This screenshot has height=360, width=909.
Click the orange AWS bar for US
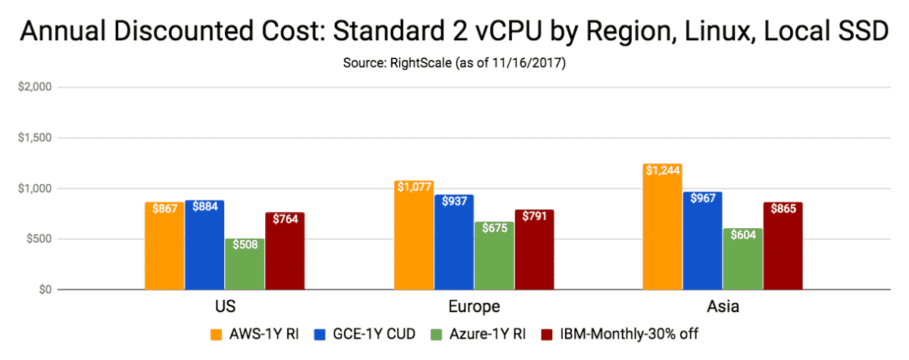164,246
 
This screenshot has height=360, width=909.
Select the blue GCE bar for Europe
453,242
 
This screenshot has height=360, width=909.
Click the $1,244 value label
661,171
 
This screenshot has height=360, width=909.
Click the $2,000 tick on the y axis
35,88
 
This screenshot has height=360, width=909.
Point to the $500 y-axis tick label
38,239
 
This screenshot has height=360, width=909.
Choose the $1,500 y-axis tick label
35,139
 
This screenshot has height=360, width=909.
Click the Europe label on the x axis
473,307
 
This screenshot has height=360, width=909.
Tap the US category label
224,307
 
